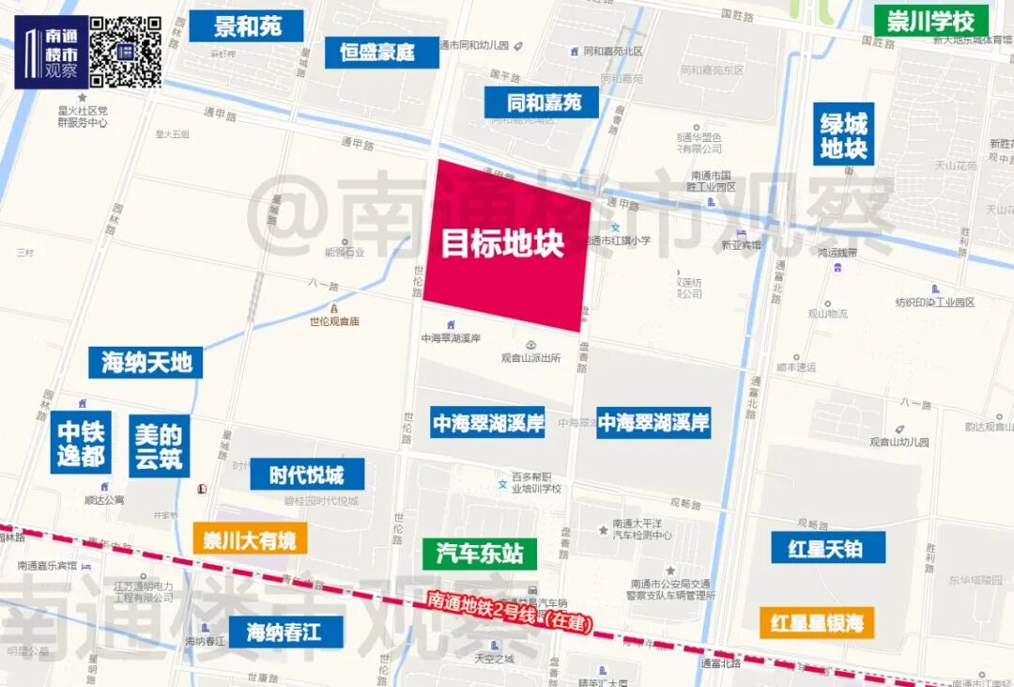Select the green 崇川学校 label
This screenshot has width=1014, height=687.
pos(931,21)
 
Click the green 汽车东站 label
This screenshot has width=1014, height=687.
pos(480,554)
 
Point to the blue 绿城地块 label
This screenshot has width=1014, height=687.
pos(843,134)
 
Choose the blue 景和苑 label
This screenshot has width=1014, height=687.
pos(247,26)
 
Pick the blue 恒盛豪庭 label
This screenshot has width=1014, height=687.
pos(383,52)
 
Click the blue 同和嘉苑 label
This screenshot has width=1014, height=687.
pos(542,102)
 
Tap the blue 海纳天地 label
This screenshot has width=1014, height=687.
pos(146,362)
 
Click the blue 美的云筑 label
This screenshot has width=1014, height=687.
pos(159,446)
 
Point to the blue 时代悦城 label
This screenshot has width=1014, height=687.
pos(306,475)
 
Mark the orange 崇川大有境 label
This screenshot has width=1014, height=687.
pos(250,539)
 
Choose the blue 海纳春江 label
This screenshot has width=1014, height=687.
pos(284,632)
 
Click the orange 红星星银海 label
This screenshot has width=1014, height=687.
pos(816,622)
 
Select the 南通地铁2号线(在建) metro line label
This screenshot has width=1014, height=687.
pos(508,612)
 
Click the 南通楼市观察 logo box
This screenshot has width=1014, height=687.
pos(51,54)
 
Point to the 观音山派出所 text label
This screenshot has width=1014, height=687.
pos(530,358)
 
